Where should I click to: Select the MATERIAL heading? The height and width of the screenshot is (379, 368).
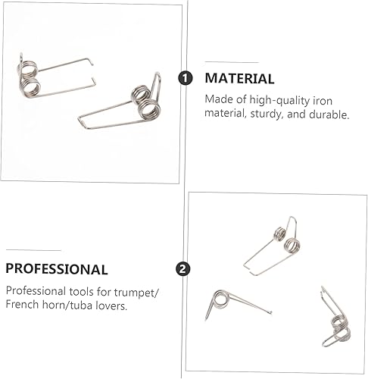240,79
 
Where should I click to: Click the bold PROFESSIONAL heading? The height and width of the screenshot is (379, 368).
57,268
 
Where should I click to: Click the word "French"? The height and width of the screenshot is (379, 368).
23,305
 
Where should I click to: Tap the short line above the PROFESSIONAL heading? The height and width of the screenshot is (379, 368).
33,249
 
